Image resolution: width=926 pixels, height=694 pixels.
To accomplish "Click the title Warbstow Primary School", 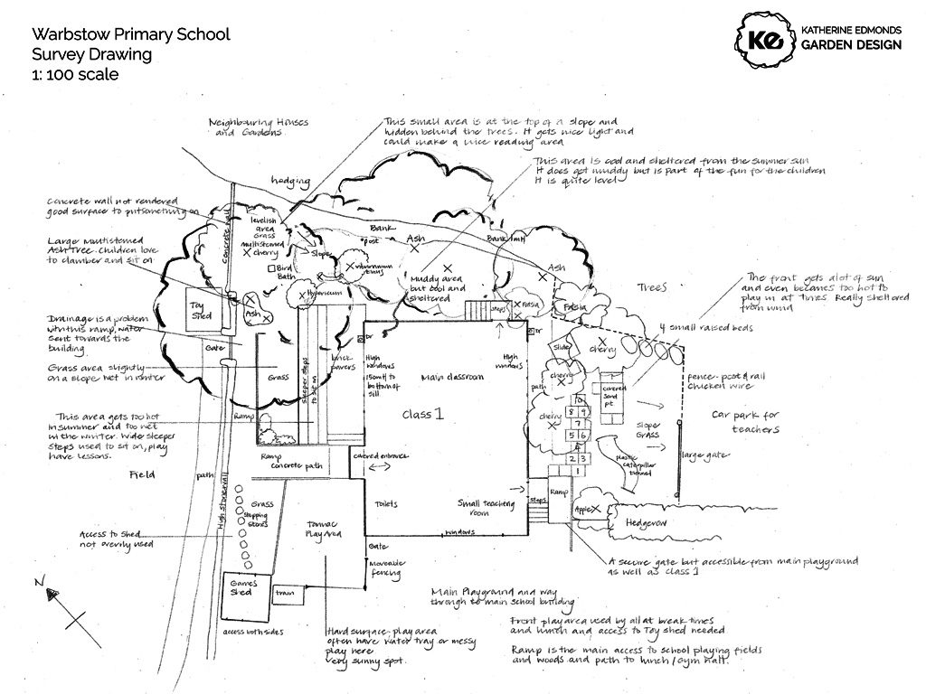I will point(130,34).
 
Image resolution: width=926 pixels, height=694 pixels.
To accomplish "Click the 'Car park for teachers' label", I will point(744,423).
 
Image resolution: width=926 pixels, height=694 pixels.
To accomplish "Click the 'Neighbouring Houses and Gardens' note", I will point(246,127).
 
